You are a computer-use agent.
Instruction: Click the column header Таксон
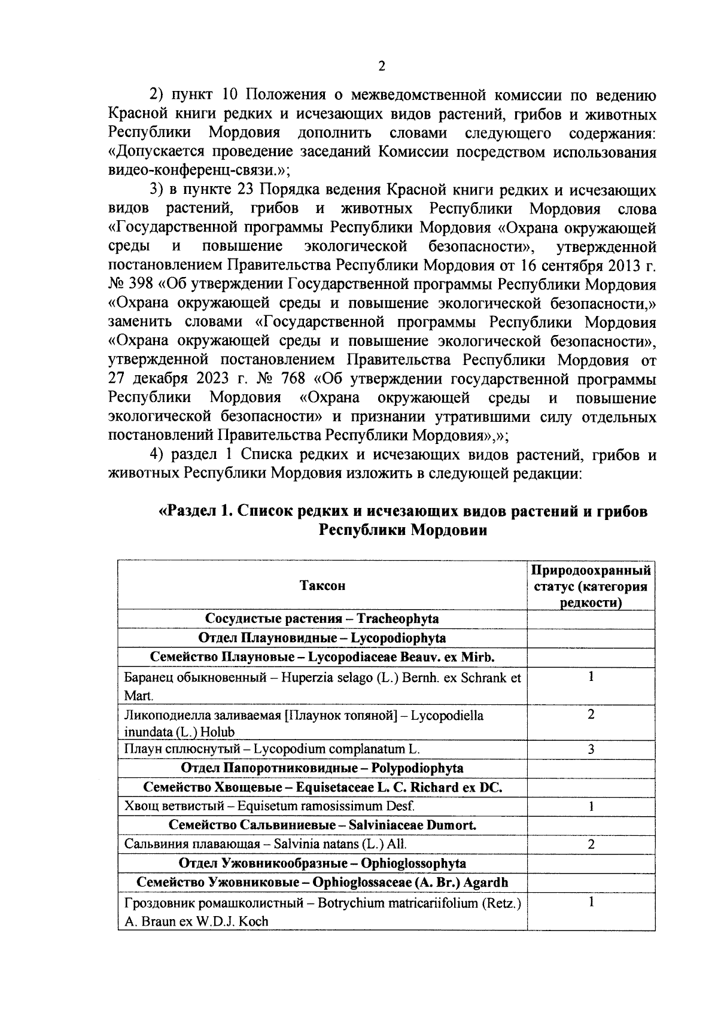point(323,585)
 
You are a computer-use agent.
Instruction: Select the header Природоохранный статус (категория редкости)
point(591,585)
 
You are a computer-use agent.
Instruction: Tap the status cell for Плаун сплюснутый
point(591,749)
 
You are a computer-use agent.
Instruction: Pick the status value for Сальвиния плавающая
point(591,844)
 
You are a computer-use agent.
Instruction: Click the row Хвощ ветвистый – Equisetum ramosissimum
point(269,806)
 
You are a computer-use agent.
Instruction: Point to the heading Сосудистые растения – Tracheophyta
point(323,619)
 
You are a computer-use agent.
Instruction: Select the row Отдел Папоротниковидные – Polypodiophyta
point(323,768)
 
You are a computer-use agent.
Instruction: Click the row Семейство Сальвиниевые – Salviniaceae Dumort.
point(323,825)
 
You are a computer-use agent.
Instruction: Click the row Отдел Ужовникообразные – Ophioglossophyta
point(323,863)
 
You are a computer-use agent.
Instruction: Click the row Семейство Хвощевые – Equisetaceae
point(323,787)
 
